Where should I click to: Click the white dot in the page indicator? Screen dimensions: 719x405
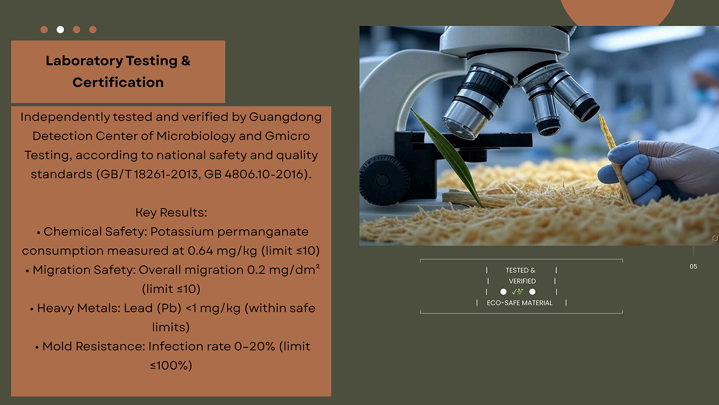coord(60,30)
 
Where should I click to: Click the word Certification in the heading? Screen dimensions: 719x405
coord(118,82)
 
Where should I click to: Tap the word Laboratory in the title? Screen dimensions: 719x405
coord(84,61)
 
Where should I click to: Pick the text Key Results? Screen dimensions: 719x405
coord(171,212)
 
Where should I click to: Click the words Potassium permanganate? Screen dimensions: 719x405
coord(229,232)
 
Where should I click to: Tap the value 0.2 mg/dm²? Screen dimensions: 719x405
coord(284,270)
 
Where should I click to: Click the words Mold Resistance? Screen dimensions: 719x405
coord(93,346)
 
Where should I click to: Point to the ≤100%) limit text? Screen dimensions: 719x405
coord(171,365)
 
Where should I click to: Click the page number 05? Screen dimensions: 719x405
coord(693,266)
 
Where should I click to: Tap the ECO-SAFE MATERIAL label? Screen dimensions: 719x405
coord(519,303)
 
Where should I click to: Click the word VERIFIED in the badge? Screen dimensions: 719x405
coord(522,281)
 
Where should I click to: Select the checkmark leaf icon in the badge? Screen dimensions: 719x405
coord(517,292)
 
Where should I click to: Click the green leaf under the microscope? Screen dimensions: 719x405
coord(446,157)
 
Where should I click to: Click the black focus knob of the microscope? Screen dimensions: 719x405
coord(383,180)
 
